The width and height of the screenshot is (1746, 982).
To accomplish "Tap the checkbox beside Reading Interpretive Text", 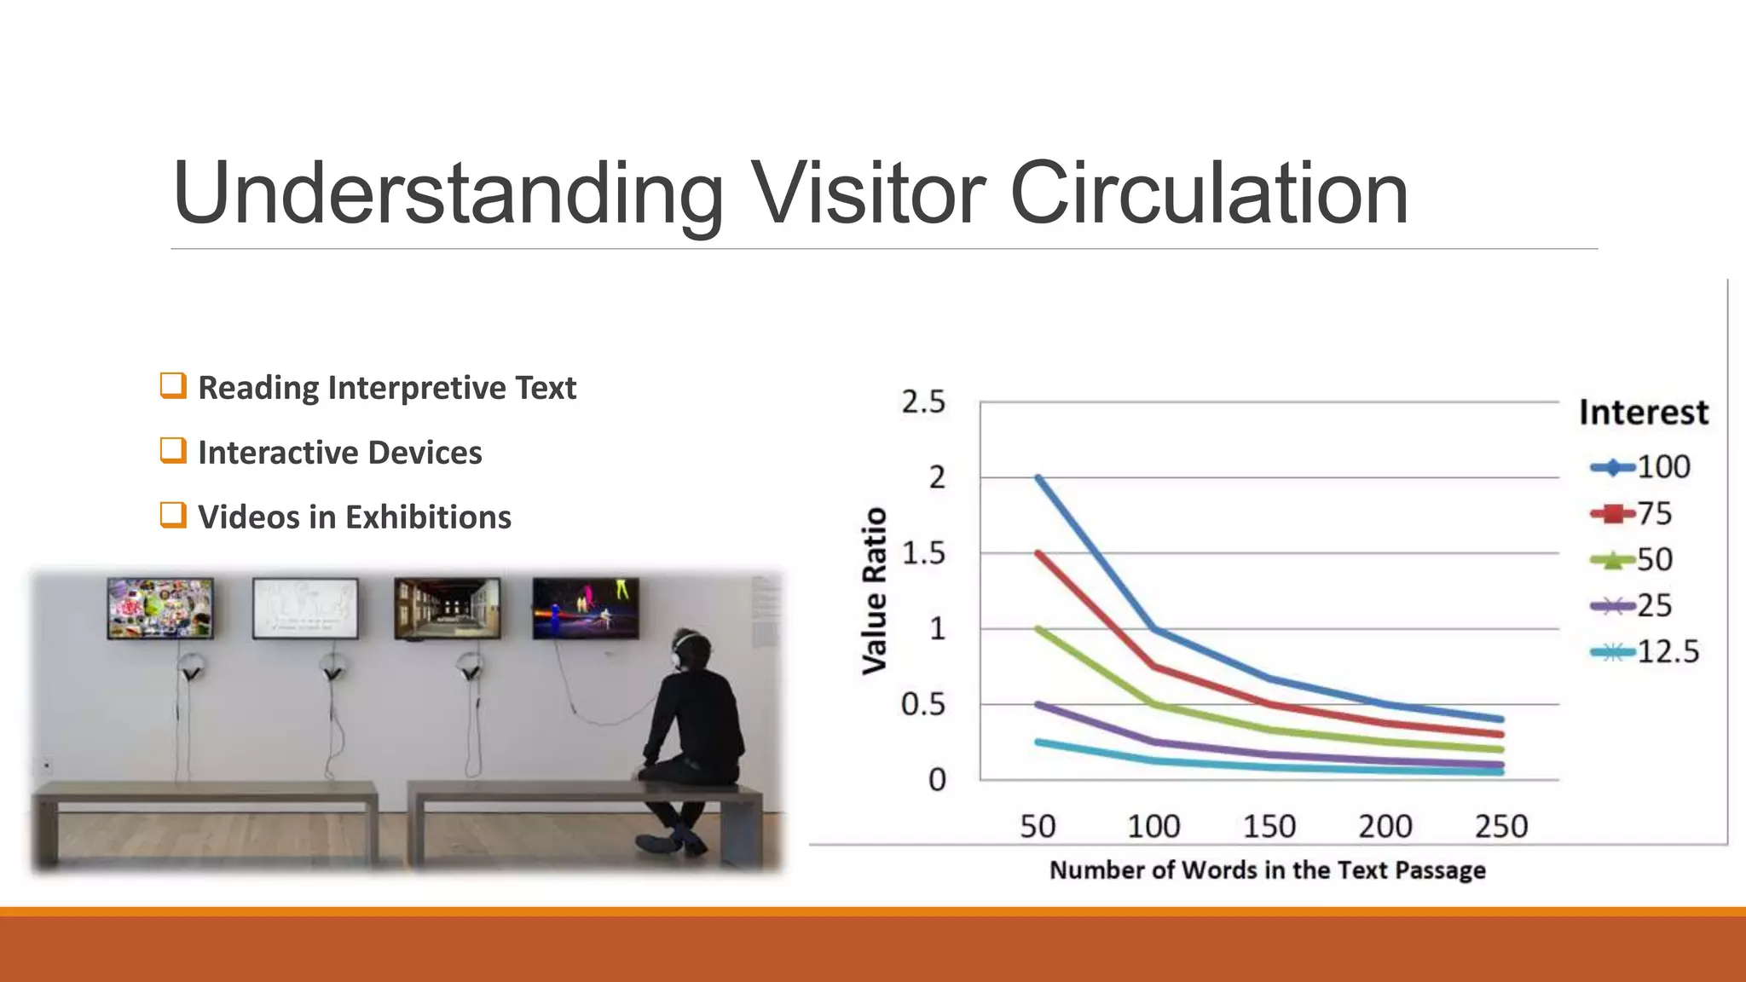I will pyautogui.click(x=173, y=385).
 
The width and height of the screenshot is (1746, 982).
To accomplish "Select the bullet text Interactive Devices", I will pyautogui.click(x=339, y=453).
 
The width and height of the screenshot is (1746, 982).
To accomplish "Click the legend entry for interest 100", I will pyautogui.click(x=1640, y=467).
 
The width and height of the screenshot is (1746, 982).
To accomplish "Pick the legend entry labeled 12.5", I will pyautogui.click(x=1645, y=652).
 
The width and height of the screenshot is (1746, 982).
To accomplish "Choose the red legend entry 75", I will pyautogui.click(x=1632, y=513).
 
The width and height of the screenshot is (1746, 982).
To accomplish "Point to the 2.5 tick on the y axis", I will pyautogui.click(x=923, y=401).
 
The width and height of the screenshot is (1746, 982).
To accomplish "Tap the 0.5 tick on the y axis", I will pyautogui.click(x=923, y=705).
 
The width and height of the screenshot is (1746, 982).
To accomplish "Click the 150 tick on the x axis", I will pyautogui.click(x=1269, y=826).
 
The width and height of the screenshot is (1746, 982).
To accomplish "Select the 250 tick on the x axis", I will pyautogui.click(x=1500, y=826).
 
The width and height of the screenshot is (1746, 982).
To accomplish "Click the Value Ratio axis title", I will pyautogui.click(x=875, y=591).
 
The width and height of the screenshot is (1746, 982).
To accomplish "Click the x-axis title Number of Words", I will pyautogui.click(x=1267, y=870).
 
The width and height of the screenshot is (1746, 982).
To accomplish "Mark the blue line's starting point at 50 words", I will pyautogui.click(x=1038, y=477).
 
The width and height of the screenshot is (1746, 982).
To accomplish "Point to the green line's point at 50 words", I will pyautogui.click(x=1038, y=629).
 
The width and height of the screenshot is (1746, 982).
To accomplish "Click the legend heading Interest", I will pyautogui.click(x=1643, y=413).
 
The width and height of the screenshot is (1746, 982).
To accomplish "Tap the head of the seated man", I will pyautogui.click(x=689, y=650).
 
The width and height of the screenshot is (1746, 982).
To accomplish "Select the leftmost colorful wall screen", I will pyautogui.click(x=160, y=608).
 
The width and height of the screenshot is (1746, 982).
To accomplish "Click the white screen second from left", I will pyautogui.click(x=305, y=608).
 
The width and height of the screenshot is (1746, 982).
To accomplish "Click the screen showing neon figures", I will pyautogui.click(x=586, y=608).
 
